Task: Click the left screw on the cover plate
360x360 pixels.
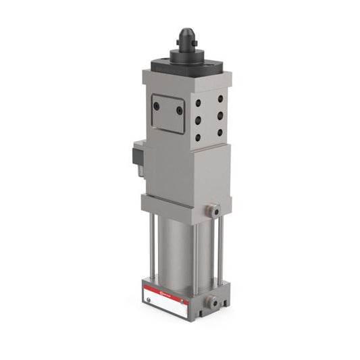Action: [x=157, y=106]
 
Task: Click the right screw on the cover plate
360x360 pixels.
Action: [x=180, y=110]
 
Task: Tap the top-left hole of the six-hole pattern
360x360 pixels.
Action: [x=197, y=103]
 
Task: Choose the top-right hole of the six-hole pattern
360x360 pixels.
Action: [x=220, y=97]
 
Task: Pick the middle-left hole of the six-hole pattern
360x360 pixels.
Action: [x=197, y=120]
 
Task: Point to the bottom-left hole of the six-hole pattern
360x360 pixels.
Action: [x=197, y=137]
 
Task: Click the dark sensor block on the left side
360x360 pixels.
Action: [x=137, y=157]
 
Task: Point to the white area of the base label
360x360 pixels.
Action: [x=169, y=303]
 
